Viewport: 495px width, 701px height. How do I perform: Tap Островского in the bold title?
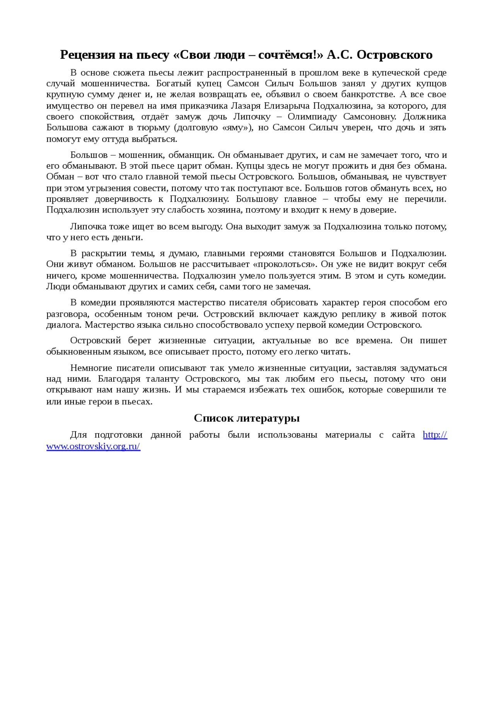394,55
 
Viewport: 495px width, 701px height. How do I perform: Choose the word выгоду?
205,226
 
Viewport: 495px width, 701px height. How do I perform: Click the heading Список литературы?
247,418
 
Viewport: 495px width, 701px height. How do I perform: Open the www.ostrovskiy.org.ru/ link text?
93,446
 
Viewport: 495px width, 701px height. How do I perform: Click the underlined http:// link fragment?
435,435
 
